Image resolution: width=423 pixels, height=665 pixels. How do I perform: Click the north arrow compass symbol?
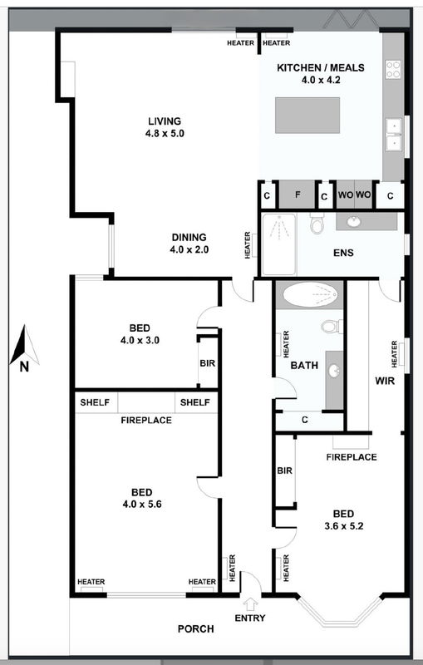(x=23, y=348)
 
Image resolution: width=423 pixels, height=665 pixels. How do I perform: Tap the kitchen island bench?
(x=308, y=114)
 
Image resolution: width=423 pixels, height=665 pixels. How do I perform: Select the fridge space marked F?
(x=297, y=195)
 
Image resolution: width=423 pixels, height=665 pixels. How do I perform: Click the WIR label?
(x=383, y=382)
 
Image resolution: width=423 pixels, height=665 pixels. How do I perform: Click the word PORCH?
(x=196, y=629)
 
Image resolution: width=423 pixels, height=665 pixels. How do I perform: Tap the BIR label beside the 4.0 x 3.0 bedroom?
(x=208, y=363)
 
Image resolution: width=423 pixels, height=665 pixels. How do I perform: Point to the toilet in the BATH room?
(x=331, y=325)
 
